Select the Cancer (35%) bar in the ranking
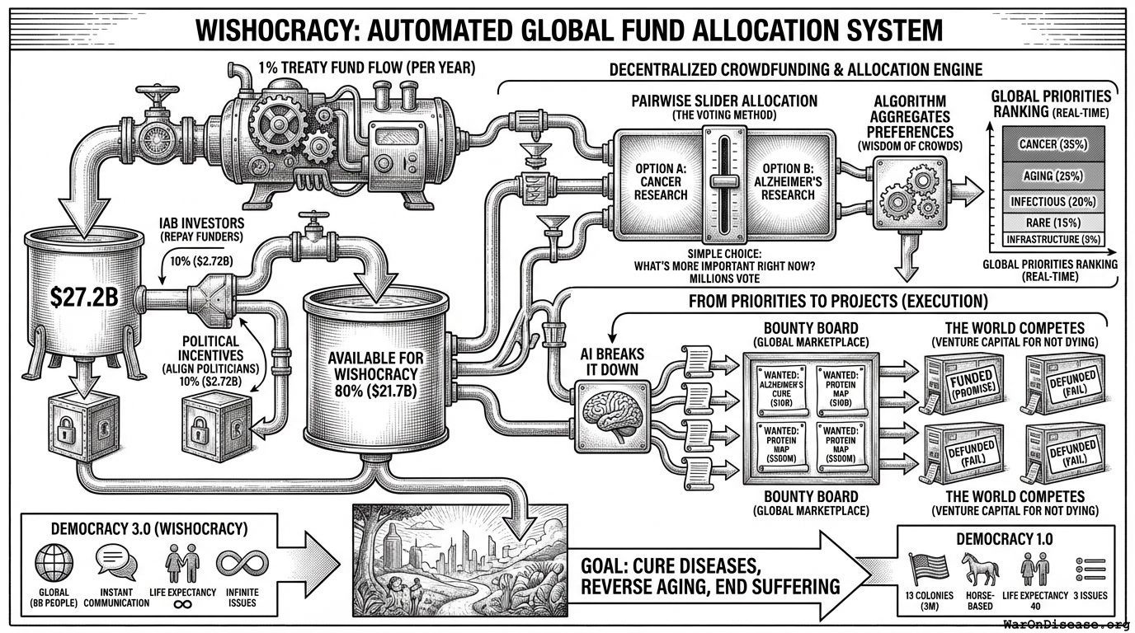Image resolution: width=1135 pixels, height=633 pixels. pos(1049,144)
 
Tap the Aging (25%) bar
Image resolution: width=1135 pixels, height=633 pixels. pos(1049,176)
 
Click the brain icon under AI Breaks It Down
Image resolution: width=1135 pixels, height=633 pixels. pos(611,410)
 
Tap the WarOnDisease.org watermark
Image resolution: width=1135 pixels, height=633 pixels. pos(1066,624)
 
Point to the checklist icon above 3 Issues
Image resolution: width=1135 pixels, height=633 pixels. pos(1086,569)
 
